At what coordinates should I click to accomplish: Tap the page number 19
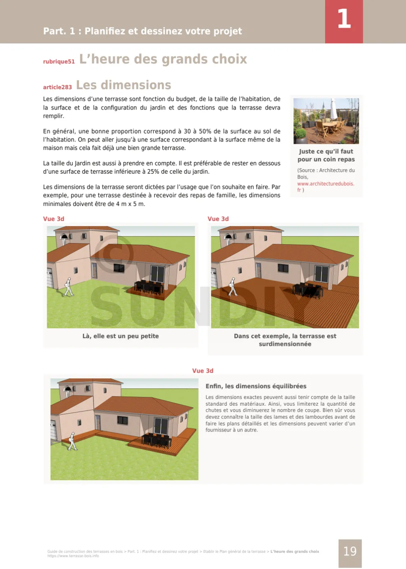350,552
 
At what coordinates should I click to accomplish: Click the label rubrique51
59,61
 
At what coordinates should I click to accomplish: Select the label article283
57,87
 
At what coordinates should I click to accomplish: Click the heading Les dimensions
123,85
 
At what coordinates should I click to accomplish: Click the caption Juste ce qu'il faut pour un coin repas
326,155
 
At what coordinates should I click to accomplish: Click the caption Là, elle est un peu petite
121,336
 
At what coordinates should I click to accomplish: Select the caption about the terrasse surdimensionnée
285,340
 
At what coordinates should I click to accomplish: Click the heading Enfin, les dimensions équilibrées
256,386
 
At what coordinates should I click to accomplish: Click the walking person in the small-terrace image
69,287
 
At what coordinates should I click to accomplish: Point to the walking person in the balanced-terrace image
72,441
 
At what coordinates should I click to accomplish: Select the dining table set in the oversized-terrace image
307,291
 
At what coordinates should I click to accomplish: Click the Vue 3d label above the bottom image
203,371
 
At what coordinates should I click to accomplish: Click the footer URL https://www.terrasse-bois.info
73,556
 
